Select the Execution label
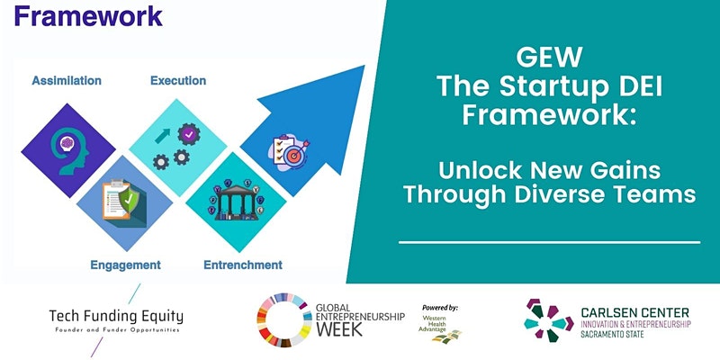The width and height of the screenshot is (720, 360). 178,81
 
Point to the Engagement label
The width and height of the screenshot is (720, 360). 125,265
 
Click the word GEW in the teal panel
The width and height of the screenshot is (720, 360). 549,58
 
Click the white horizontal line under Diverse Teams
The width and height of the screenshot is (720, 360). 549,242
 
